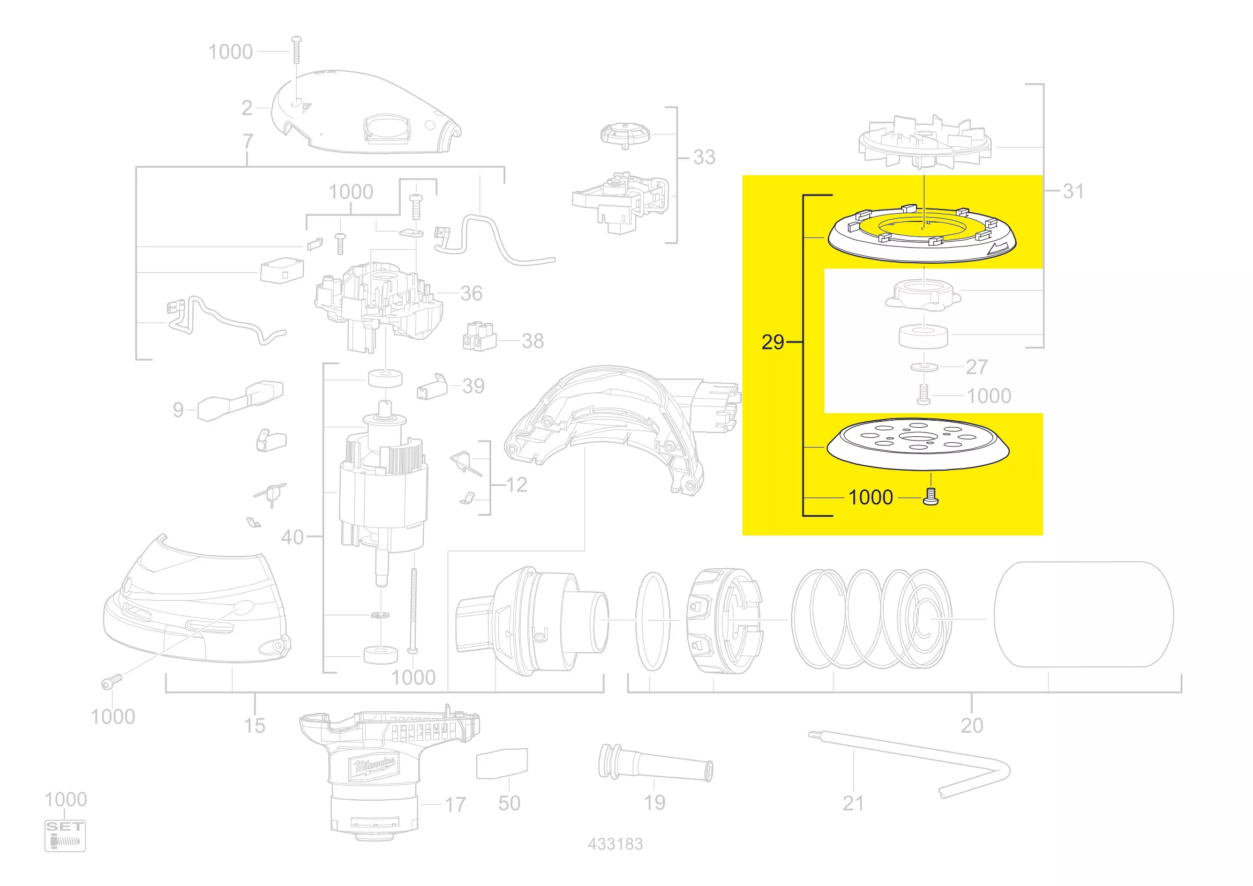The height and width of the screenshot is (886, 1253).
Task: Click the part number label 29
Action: [x=773, y=343]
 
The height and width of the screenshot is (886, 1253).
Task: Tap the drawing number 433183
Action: [x=615, y=844]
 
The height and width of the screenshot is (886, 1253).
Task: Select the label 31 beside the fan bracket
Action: [x=1073, y=191]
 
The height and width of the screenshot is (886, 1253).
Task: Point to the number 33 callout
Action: [x=704, y=157]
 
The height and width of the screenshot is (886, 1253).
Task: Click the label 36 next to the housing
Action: [x=471, y=293]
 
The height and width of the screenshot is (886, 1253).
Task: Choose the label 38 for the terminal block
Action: [x=532, y=341]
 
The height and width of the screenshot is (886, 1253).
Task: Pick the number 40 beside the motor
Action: [x=292, y=537]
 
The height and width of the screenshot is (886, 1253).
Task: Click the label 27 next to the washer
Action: [x=977, y=367]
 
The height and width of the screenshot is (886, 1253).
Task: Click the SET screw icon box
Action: [x=65, y=836]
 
